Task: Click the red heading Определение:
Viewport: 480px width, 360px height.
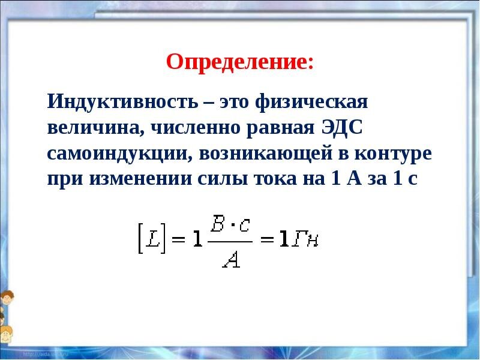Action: [239, 62]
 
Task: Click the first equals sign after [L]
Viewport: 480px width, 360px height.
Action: [177, 239]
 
